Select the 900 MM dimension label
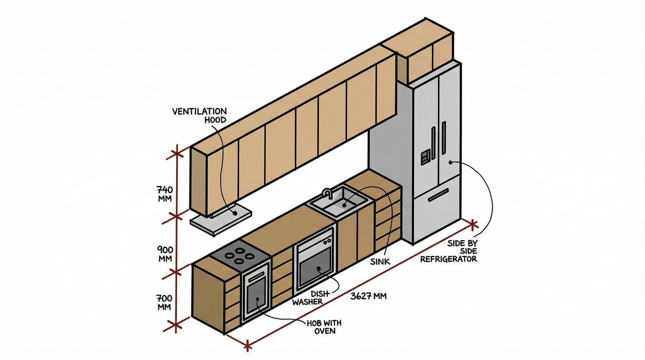165,254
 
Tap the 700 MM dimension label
164,302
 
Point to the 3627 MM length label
369,296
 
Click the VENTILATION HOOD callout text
200,115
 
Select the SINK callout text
380,261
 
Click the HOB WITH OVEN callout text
324,327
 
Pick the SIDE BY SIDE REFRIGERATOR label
449,251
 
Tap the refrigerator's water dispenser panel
425,157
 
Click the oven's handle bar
256,275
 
